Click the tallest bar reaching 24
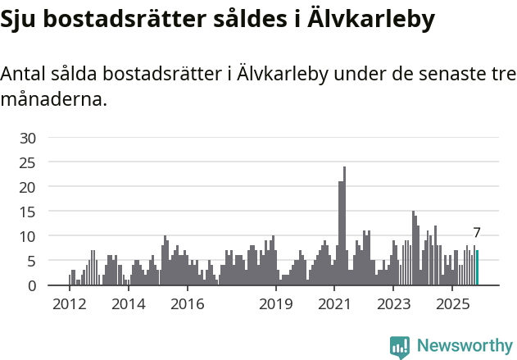[344, 226]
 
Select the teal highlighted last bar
[477, 268]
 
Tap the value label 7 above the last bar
[477, 233]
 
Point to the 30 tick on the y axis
[28, 138]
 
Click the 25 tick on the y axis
[28, 162]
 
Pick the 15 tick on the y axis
[28, 212]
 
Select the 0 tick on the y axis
[32, 285]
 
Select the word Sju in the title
[20, 20]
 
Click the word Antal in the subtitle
[25, 74]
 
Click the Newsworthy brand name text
[464, 346]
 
